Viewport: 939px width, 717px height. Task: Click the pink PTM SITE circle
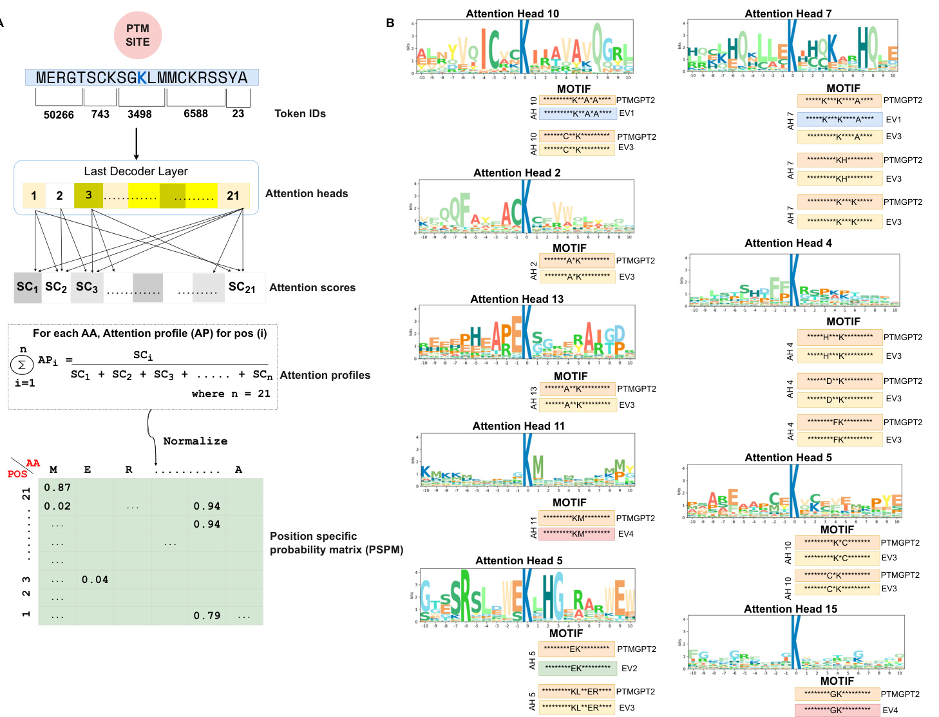coord(137,35)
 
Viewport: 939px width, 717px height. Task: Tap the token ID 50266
coord(59,115)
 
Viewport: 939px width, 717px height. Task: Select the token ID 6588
coord(196,114)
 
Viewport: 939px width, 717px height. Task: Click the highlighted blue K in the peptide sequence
coord(142,78)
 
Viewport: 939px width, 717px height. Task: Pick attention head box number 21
coord(233,195)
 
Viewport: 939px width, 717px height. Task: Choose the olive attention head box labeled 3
coord(88,195)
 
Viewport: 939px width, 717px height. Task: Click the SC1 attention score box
coord(28,287)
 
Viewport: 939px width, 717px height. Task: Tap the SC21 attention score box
coord(242,287)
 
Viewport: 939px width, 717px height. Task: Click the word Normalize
coord(195,441)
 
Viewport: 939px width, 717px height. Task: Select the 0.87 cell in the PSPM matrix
coord(57,488)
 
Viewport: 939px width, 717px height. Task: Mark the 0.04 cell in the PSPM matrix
coord(95,580)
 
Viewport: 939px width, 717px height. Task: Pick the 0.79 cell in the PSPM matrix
coord(207,616)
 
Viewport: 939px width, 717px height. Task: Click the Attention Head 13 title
coord(517,299)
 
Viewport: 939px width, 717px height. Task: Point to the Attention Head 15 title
coord(790,609)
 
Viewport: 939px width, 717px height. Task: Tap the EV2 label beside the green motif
coord(629,669)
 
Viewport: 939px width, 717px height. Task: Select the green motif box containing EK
coord(578,668)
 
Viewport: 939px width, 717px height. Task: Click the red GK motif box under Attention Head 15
coord(837,710)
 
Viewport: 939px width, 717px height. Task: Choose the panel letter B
coord(390,23)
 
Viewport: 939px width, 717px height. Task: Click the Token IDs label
coord(300,114)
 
